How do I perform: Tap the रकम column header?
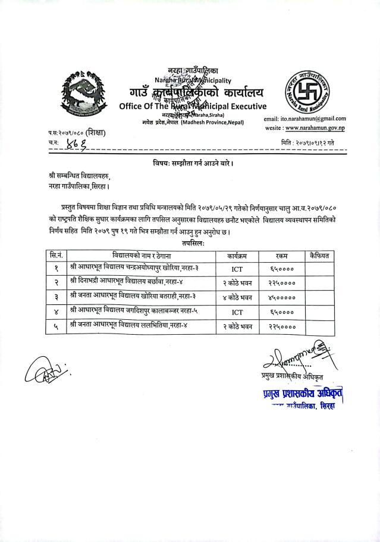tap(282, 255)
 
